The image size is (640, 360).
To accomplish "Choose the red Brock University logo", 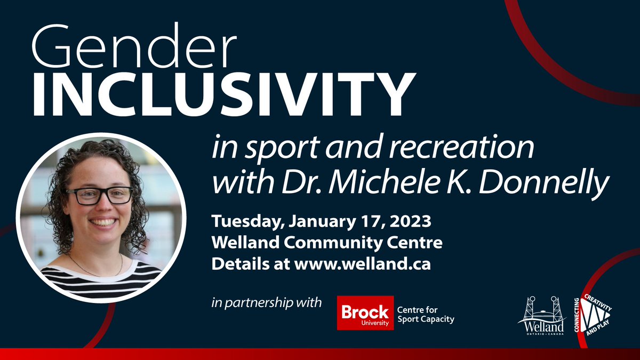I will tap(366, 313).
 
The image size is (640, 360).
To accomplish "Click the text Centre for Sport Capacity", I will tap(426, 314).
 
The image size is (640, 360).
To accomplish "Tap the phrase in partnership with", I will tap(266, 303).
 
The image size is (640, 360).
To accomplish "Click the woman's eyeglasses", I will tap(100, 195).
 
